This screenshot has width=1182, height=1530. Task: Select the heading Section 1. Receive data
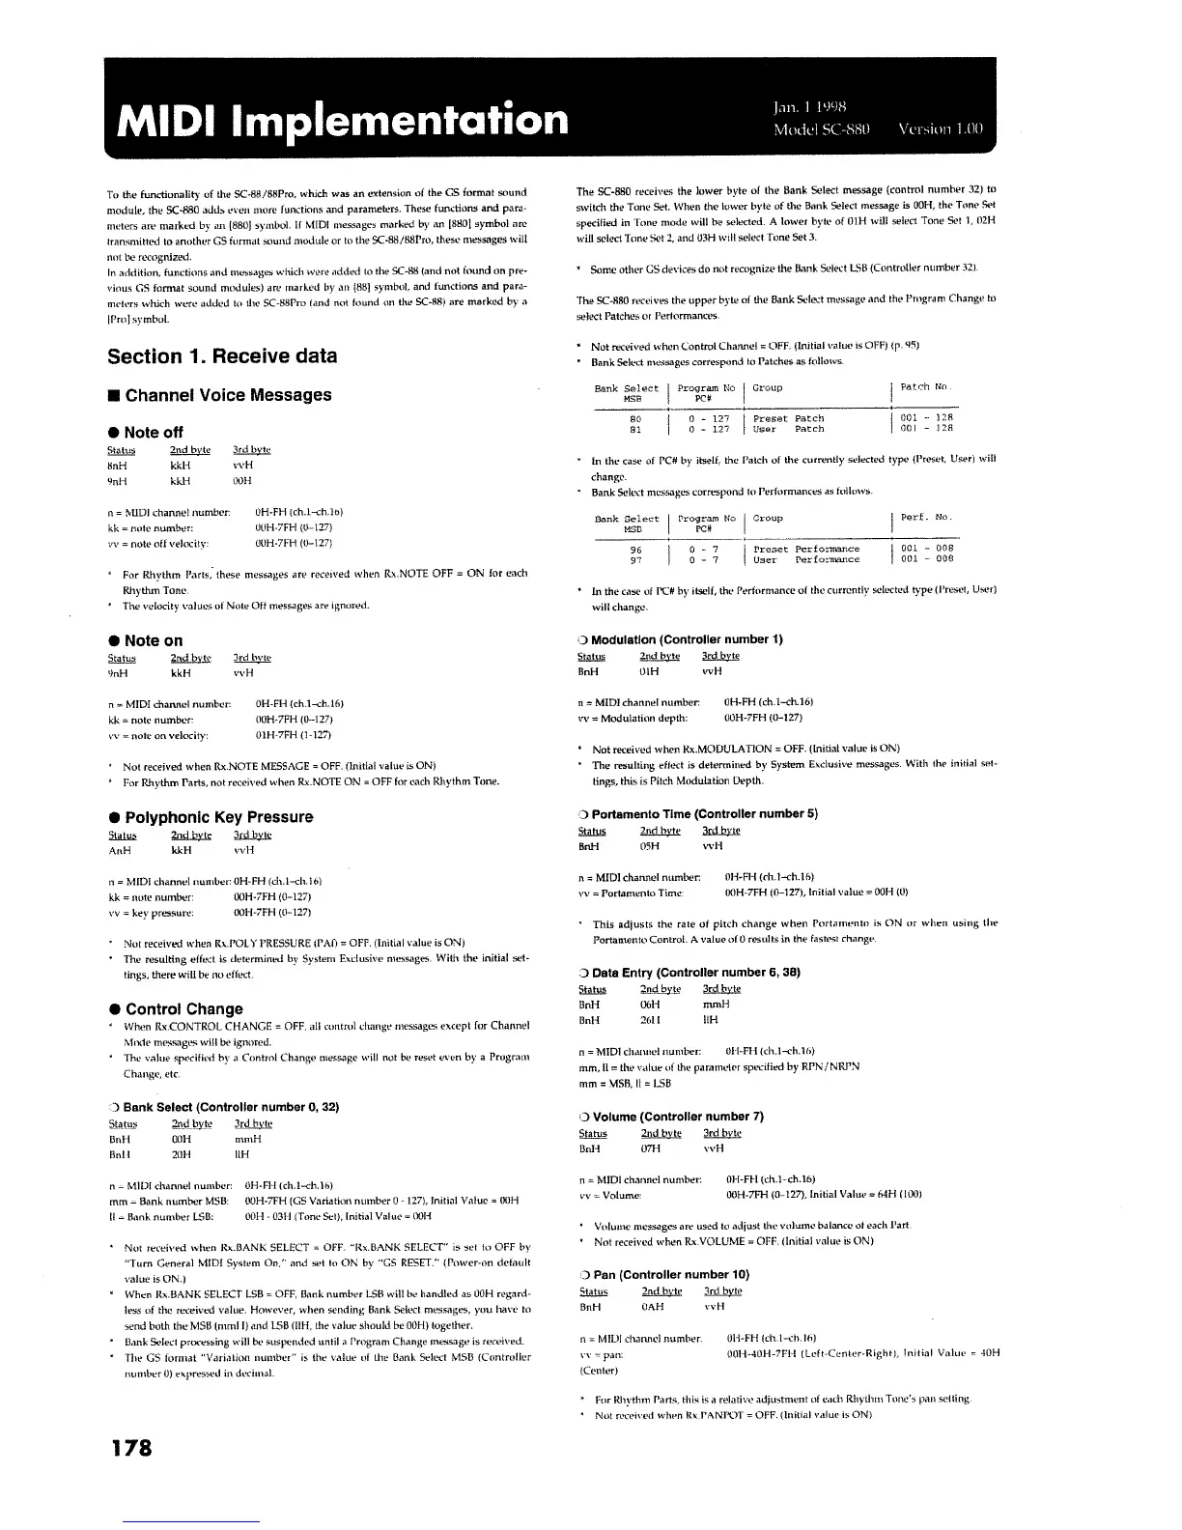pos(222,356)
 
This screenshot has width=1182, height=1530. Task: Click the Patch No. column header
pos(926,387)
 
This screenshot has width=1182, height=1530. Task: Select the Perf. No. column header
pos(926,518)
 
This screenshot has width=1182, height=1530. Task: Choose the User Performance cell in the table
pos(805,559)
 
